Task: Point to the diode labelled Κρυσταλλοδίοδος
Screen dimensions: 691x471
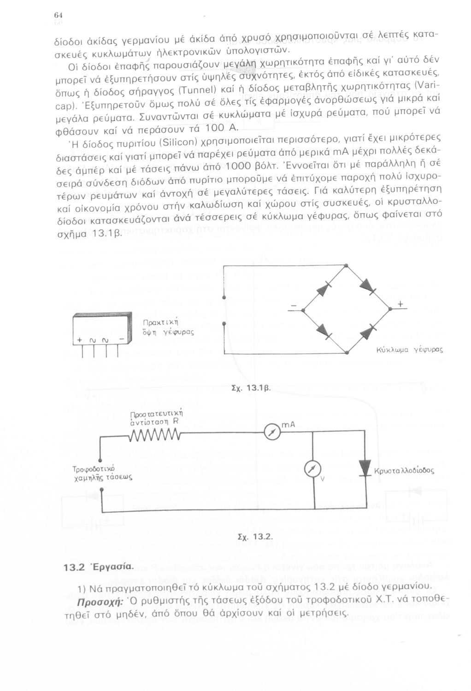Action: point(366,469)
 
